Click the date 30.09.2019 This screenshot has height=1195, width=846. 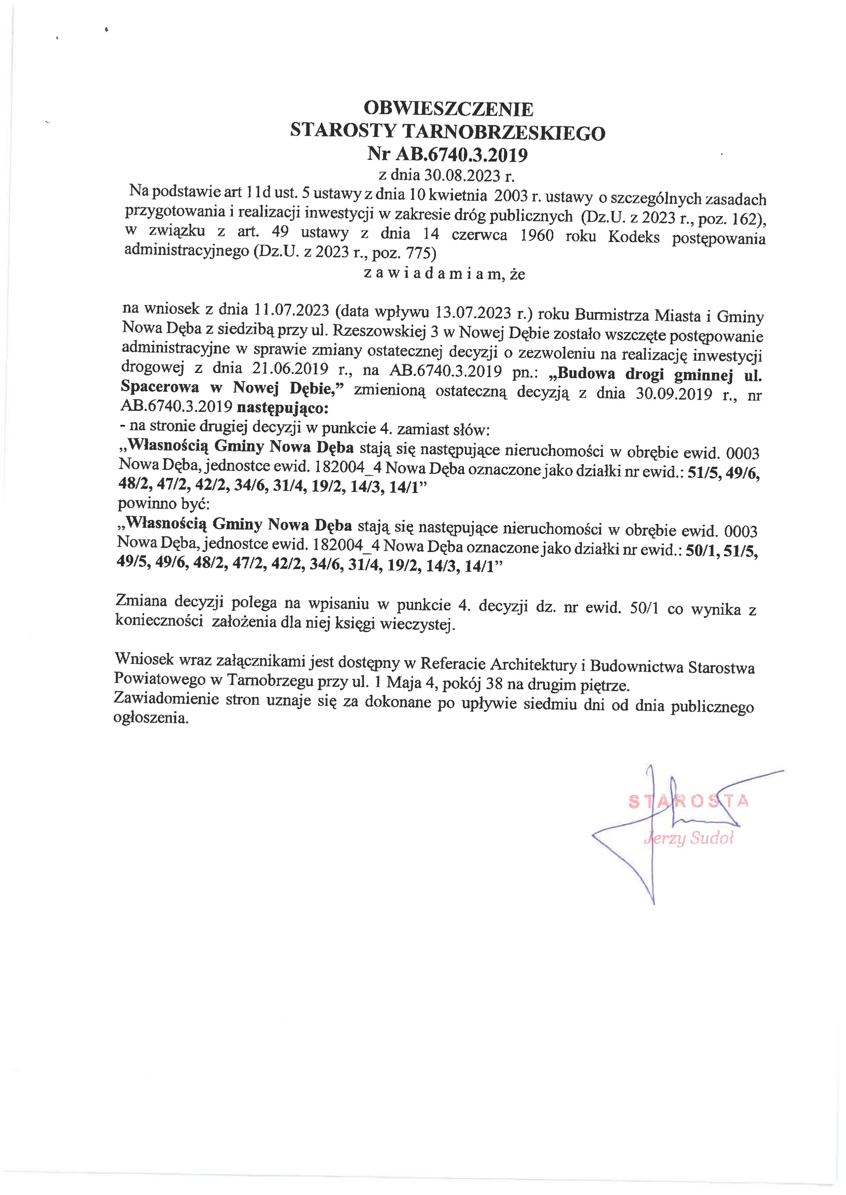point(674,393)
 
